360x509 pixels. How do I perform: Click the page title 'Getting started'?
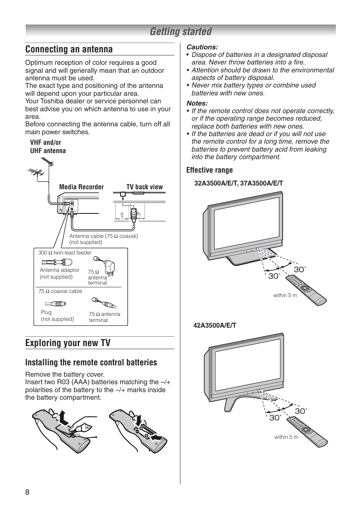[180, 32]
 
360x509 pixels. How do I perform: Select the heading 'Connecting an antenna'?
[69, 49]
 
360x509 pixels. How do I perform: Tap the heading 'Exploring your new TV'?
[68, 343]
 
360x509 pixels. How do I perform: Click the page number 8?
[27, 492]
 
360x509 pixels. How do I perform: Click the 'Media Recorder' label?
[81, 187]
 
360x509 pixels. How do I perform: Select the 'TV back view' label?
[145, 187]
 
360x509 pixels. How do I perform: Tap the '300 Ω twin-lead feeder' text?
[65, 253]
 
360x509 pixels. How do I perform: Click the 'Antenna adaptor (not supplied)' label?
[59, 273]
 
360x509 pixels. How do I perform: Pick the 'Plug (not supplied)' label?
[57, 316]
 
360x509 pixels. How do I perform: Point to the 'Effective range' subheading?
[209, 170]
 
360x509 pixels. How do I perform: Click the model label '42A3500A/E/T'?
[215, 325]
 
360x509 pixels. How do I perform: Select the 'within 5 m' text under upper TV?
[285, 295]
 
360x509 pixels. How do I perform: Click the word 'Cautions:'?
[202, 47]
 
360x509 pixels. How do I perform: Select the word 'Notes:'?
[197, 103]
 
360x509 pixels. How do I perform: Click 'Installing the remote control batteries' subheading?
[91, 362]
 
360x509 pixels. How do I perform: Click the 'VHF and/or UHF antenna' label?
[48, 146]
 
